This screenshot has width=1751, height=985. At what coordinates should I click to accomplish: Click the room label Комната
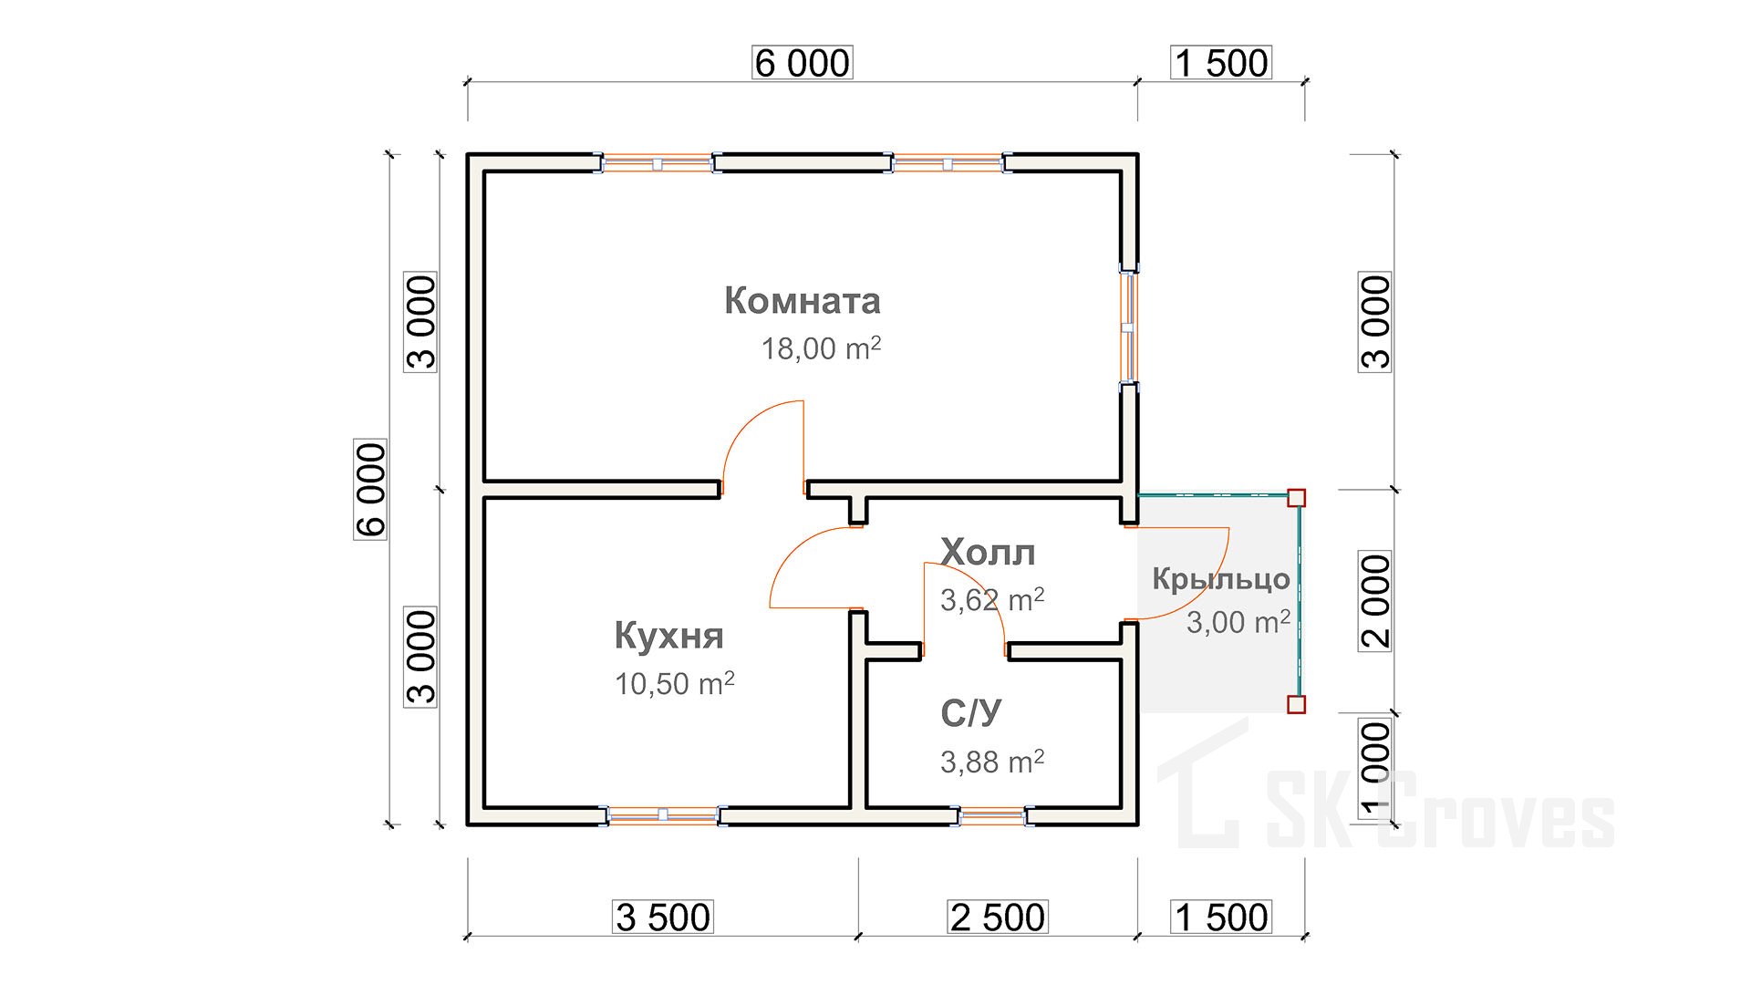point(803,301)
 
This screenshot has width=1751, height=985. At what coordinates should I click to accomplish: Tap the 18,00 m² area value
point(821,348)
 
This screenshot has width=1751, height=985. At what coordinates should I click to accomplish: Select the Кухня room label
point(668,636)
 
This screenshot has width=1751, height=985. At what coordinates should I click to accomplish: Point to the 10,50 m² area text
point(675,684)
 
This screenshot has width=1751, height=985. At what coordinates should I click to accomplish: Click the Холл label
point(988,553)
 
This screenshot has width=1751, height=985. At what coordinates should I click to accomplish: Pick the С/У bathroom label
point(970,713)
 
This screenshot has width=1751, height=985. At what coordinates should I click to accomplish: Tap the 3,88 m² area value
point(992,762)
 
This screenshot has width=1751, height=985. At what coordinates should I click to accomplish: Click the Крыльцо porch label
point(1221,579)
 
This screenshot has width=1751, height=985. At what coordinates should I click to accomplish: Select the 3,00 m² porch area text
point(1238,622)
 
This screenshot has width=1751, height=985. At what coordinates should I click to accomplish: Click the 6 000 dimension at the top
point(803,63)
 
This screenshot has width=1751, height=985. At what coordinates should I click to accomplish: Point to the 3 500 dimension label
point(663,918)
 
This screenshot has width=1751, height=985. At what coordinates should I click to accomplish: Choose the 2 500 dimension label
point(998,918)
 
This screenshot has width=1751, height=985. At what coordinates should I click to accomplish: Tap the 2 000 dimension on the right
point(1375,600)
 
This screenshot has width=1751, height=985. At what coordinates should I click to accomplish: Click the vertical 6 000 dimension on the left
point(370,489)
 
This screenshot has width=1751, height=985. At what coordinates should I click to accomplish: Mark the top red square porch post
point(1296,498)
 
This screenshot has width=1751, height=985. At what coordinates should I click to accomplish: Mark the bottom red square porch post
point(1296,704)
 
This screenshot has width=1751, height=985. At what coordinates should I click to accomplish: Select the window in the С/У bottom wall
point(992,816)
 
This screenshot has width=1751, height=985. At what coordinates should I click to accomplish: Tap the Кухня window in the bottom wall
point(663,815)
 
